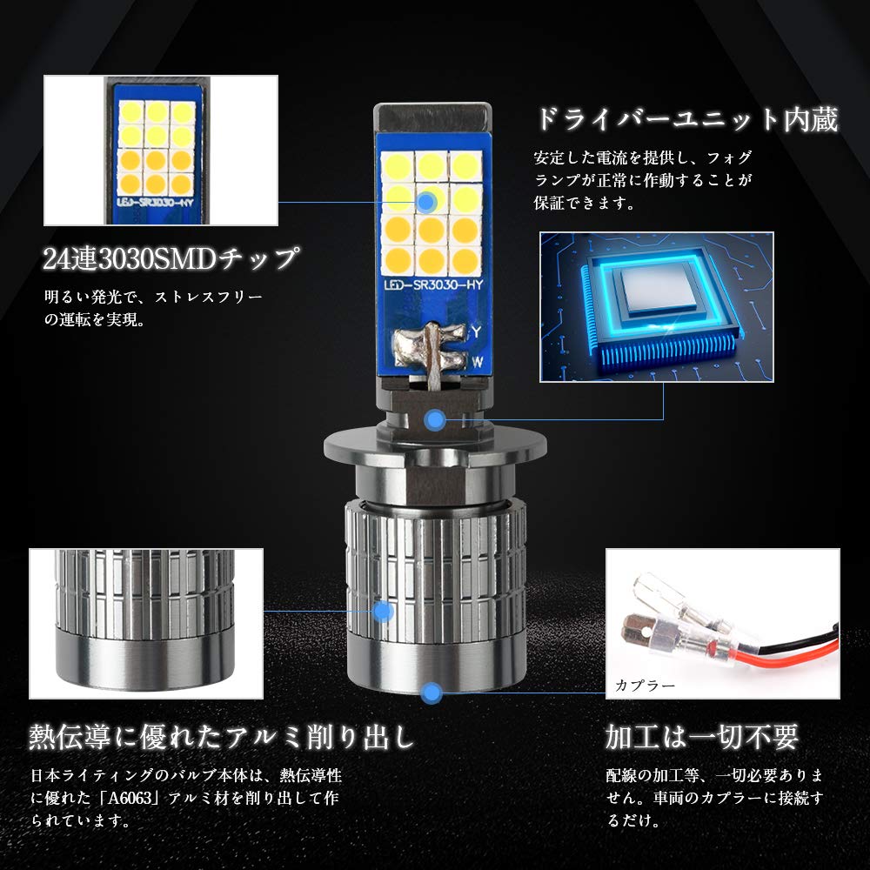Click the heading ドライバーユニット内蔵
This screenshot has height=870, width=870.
(686, 119)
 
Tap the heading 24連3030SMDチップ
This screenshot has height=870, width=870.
(171, 258)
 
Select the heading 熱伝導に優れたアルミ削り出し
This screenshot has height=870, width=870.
(222, 737)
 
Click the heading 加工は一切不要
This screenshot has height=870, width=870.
(702, 737)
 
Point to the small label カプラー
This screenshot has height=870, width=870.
(645, 686)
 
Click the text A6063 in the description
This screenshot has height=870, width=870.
(130, 798)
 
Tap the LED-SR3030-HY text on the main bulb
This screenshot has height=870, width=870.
(434, 285)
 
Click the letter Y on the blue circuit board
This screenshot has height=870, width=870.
(476, 332)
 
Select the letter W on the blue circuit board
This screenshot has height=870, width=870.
(477, 362)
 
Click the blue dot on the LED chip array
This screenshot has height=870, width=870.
(426, 203)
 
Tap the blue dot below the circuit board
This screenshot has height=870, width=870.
(435, 420)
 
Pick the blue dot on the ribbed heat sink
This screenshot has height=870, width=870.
(383, 612)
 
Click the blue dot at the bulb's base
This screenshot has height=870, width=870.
(432, 693)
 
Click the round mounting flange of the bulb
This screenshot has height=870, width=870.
(435, 444)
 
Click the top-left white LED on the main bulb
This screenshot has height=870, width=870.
(398, 167)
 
